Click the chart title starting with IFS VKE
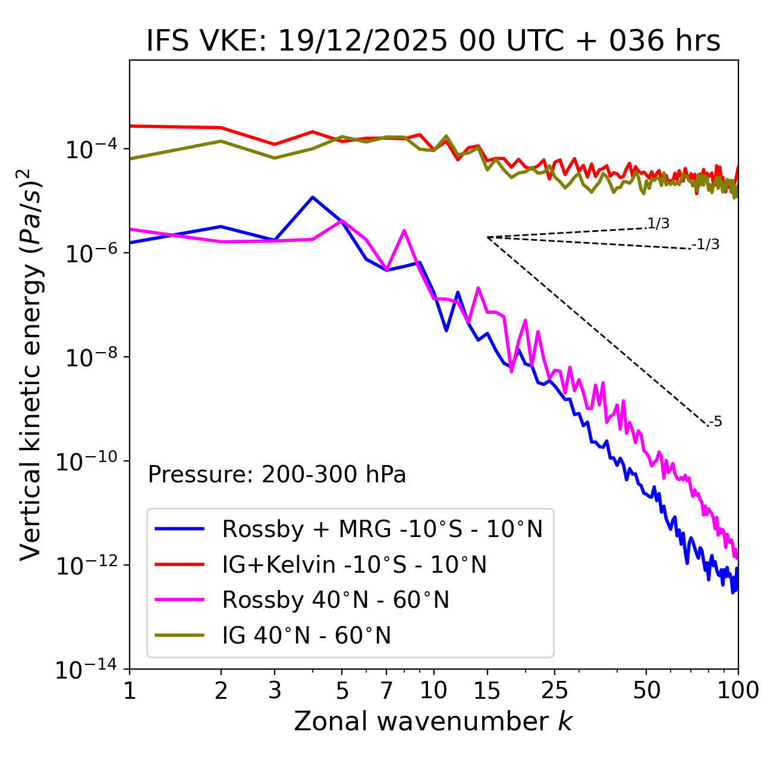click(x=433, y=41)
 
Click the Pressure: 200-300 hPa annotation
click(x=277, y=475)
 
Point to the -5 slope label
click(x=715, y=422)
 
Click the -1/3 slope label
click(x=706, y=244)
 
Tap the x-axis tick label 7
click(x=386, y=690)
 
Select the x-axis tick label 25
click(x=554, y=690)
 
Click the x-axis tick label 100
click(x=738, y=690)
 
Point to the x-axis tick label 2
click(x=221, y=690)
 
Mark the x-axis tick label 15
click(x=487, y=690)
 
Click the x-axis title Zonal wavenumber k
click(x=433, y=721)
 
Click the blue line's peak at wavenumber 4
click(x=312, y=197)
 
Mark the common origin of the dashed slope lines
click(x=487, y=237)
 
